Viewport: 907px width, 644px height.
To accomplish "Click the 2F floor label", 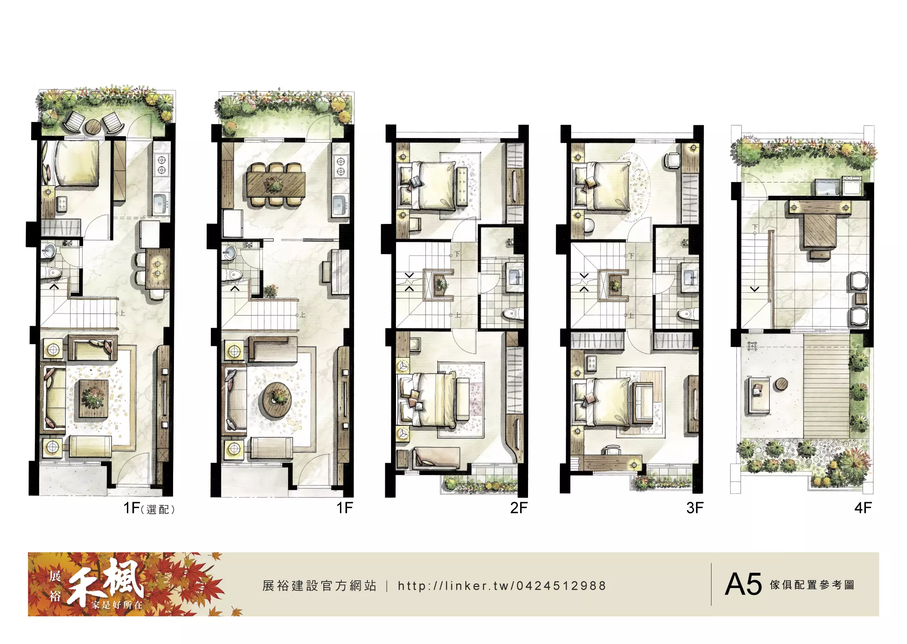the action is pos(518,508).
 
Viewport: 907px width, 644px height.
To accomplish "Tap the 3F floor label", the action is pos(695,508).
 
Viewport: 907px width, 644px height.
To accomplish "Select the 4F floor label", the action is pos(863,508).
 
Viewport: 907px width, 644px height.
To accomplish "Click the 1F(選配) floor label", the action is pos(149,508).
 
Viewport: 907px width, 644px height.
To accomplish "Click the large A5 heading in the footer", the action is pos(743,584).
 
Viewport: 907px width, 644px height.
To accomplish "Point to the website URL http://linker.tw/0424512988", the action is pos(502,586).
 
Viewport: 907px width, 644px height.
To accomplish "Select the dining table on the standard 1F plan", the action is pos(276,184).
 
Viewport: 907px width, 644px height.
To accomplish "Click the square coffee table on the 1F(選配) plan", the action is pos(93,398).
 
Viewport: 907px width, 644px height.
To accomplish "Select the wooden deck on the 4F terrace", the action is pos(826,386).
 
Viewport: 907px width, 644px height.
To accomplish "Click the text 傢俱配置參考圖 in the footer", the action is pos(812,585).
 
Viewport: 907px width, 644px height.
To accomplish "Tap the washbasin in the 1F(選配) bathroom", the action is pos(49,250).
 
